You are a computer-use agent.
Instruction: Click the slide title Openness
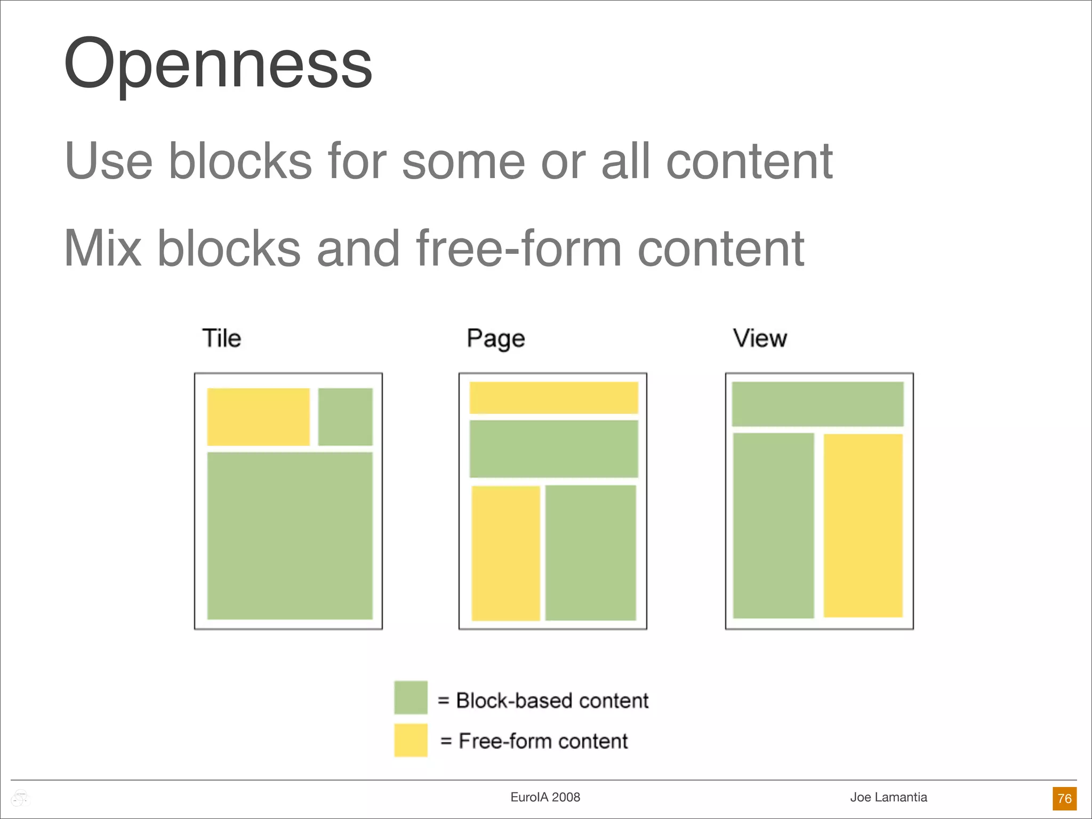click(x=218, y=64)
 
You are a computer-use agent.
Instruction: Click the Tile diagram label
click(x=221, y=338)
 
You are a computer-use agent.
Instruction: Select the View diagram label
click(x=760, y=338)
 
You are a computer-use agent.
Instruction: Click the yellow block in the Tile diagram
click(x=258, y=417)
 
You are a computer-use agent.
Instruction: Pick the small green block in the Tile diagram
click(x=346, y=417)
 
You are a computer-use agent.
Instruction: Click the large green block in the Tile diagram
click(x=290, y=536)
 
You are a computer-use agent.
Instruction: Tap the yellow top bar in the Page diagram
click(x=553, y=398)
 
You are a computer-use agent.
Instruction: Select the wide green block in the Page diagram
click(x=553, y=449)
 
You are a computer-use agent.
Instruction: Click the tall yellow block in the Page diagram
click(x=505, y=553)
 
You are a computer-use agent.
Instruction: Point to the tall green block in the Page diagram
click(x=591, y=553)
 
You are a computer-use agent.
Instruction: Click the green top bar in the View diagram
click(x=817, y=404)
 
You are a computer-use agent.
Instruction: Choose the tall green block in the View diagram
click(x=773, y=526)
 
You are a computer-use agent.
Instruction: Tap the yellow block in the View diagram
click(x=863, y=526)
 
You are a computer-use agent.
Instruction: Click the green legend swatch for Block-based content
click(x=411, y=697)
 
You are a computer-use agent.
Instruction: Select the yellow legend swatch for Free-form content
click(x=411, y=740)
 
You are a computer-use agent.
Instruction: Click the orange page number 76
click(x=1064, y=798)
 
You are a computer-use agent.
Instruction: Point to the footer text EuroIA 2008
click(x=545, y=797)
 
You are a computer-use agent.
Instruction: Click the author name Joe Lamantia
click(x=888, y=797)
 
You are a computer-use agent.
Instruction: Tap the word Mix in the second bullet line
click(x=103, y=248)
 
